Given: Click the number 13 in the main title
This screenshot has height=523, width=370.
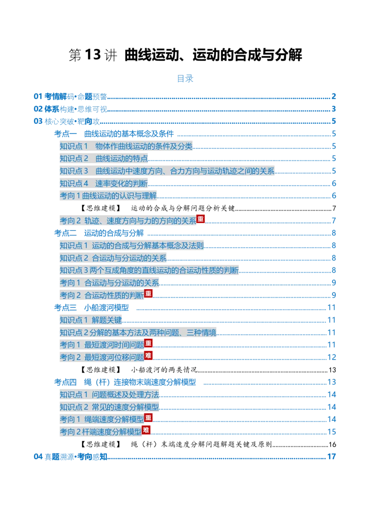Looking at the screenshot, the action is [93, 55].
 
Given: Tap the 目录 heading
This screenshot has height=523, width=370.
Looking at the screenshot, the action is [185, 79].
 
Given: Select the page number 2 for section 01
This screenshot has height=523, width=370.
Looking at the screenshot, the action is [333, 97].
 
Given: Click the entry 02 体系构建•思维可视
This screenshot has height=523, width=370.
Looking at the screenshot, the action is [70, 109].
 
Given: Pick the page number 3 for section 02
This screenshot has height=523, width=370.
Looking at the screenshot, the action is [333, 109].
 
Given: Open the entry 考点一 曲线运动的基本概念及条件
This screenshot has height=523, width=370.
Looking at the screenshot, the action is [114, 134].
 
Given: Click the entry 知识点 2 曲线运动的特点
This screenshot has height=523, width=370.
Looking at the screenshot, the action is [104, 158].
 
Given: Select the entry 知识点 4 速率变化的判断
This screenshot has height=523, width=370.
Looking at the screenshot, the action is [104, 183].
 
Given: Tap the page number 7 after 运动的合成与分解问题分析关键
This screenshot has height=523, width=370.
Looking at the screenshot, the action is [334, 208].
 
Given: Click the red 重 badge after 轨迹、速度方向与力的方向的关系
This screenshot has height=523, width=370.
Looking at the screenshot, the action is [200, 219].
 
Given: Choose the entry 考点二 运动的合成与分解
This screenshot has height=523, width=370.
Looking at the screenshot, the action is [99, 233].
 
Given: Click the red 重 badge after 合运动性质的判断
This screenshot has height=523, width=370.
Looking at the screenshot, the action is [148, 293].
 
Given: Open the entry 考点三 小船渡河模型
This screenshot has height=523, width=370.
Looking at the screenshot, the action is [92, 308].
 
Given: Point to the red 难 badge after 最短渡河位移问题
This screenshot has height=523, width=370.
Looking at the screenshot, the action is [148, 356].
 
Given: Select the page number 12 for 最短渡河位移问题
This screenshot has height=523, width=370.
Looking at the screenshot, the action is [332, 357].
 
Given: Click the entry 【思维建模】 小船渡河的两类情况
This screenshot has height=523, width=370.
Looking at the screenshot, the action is [139, 370].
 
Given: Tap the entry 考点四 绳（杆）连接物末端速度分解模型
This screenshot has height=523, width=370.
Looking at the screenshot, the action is [125, 382].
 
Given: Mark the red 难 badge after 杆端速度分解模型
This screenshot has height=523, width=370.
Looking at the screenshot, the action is [146, 430].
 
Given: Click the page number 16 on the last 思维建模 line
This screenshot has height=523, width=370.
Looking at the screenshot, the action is [332, 444].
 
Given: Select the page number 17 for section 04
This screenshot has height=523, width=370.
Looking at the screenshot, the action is [331, 456].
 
